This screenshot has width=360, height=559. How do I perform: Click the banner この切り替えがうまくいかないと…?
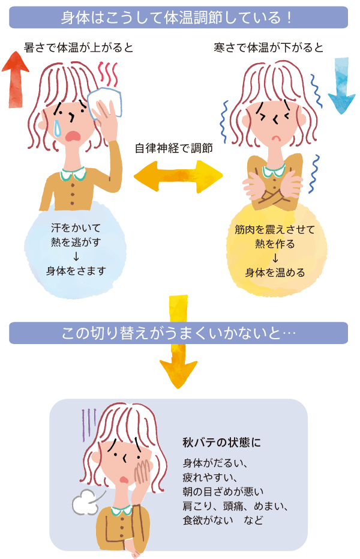[x=178, y=333]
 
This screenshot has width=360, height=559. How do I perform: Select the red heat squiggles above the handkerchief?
[x=110, y=74]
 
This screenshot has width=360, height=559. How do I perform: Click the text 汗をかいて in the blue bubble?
[x=76, y=228]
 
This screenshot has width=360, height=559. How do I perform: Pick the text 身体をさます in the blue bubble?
[x=76, y=271]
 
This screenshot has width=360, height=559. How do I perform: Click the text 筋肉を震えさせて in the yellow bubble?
[x=275, y=229]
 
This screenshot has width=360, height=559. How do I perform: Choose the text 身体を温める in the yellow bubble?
[x=275, y=272]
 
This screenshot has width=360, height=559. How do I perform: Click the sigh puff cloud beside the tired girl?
[x=86, y=503]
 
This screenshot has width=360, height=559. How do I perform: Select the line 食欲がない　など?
[x=223, y=520]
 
